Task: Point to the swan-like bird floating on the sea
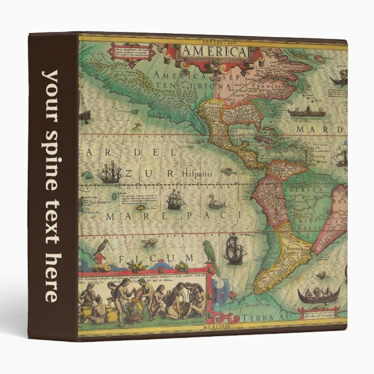pos(216,202)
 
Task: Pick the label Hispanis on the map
pos(199,172)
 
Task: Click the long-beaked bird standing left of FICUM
pos(103,248)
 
